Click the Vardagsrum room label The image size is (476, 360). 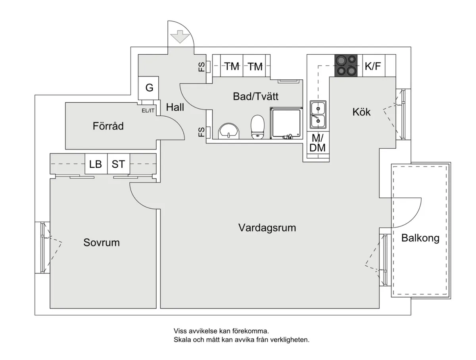(x=267, y=228)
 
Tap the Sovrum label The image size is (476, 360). (x=102, y=242)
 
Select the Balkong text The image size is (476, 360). (x=420, y=238)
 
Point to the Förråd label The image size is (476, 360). (x=108, y=126)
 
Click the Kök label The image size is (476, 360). (x=362, y=112)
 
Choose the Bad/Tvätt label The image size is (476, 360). (x=256, y=96)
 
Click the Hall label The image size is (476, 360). (x=175, y=107)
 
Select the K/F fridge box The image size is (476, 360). (x=372, y=66)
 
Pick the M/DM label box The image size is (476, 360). (x=318, y=143)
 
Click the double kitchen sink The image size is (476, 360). (x=318, y=115)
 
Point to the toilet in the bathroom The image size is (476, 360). (x=257, y=127)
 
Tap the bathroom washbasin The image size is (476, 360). (x=228, y=130)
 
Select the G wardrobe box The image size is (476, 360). (x=149, y=88)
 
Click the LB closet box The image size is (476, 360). (x=96, y=164)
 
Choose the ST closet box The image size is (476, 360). (x=118, y=164)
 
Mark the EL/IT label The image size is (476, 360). (x=148, y=111)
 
